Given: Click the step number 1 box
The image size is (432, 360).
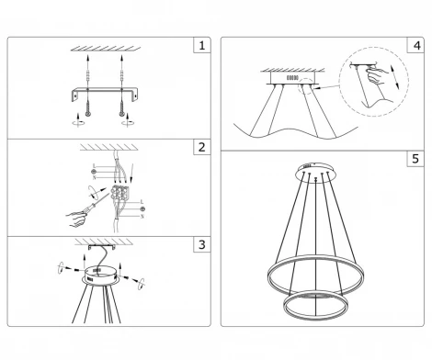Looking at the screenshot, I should [200, 45].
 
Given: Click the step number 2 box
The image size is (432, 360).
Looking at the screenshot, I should [200, 148].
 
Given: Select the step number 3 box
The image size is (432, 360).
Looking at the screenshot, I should [200, 246].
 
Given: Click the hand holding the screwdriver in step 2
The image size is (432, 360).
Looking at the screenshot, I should [75, 218].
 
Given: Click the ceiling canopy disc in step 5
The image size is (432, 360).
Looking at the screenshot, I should [315, 172].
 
